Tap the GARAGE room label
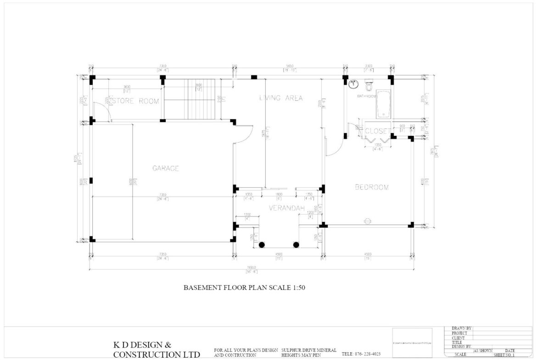tap(166, 168)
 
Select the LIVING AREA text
tap(281, 98)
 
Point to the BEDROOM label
tap(372, 187)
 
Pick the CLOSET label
tap(377, 131)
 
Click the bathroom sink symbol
tap(353, 84)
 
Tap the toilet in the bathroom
tap(369, 86)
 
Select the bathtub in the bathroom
tap(383, 104)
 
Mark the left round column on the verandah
tap(262, 244)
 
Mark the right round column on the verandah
tap(296, 244)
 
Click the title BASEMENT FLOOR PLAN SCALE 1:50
tap(245, 288)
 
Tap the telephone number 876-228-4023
tap(361, 354)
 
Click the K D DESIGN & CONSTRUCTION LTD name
tap(156, 349)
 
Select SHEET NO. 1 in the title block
tap(504, 354)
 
